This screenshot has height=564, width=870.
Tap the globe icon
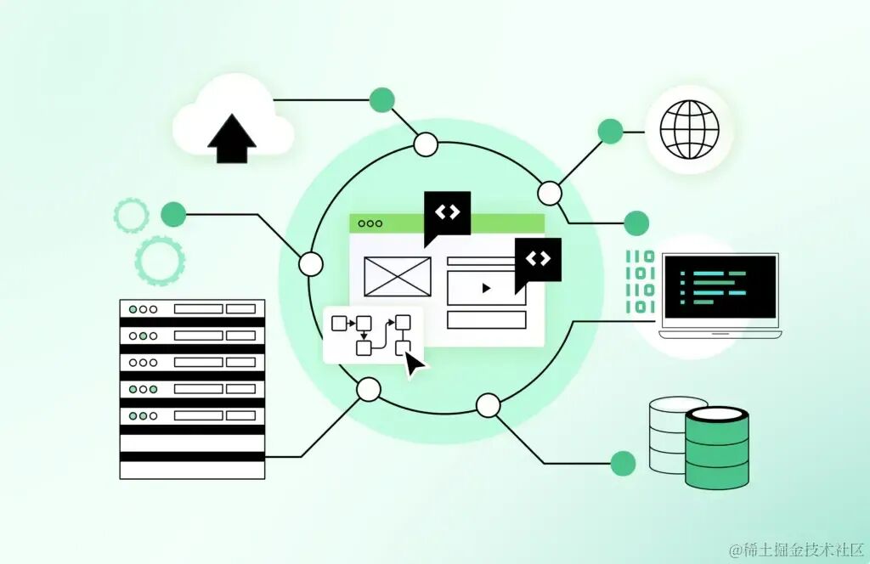click(689, 130)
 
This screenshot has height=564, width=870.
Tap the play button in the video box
click(486, 288)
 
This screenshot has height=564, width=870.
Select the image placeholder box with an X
click(397, 276)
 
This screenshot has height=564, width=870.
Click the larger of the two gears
click(160, 260)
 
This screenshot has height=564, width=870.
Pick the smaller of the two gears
click(131, 216)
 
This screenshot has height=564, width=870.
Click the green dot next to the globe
click(610, 131)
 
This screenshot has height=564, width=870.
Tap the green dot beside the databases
click(623, 463)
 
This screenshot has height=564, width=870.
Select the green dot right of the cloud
click(382, 99)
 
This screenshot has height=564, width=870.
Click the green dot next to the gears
click(173, 214)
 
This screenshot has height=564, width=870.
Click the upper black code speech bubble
click(447, 214)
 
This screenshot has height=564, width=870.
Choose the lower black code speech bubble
click(538, 259)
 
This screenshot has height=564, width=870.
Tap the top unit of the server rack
click(192, 309)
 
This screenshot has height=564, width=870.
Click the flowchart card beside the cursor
click(372, 334)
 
